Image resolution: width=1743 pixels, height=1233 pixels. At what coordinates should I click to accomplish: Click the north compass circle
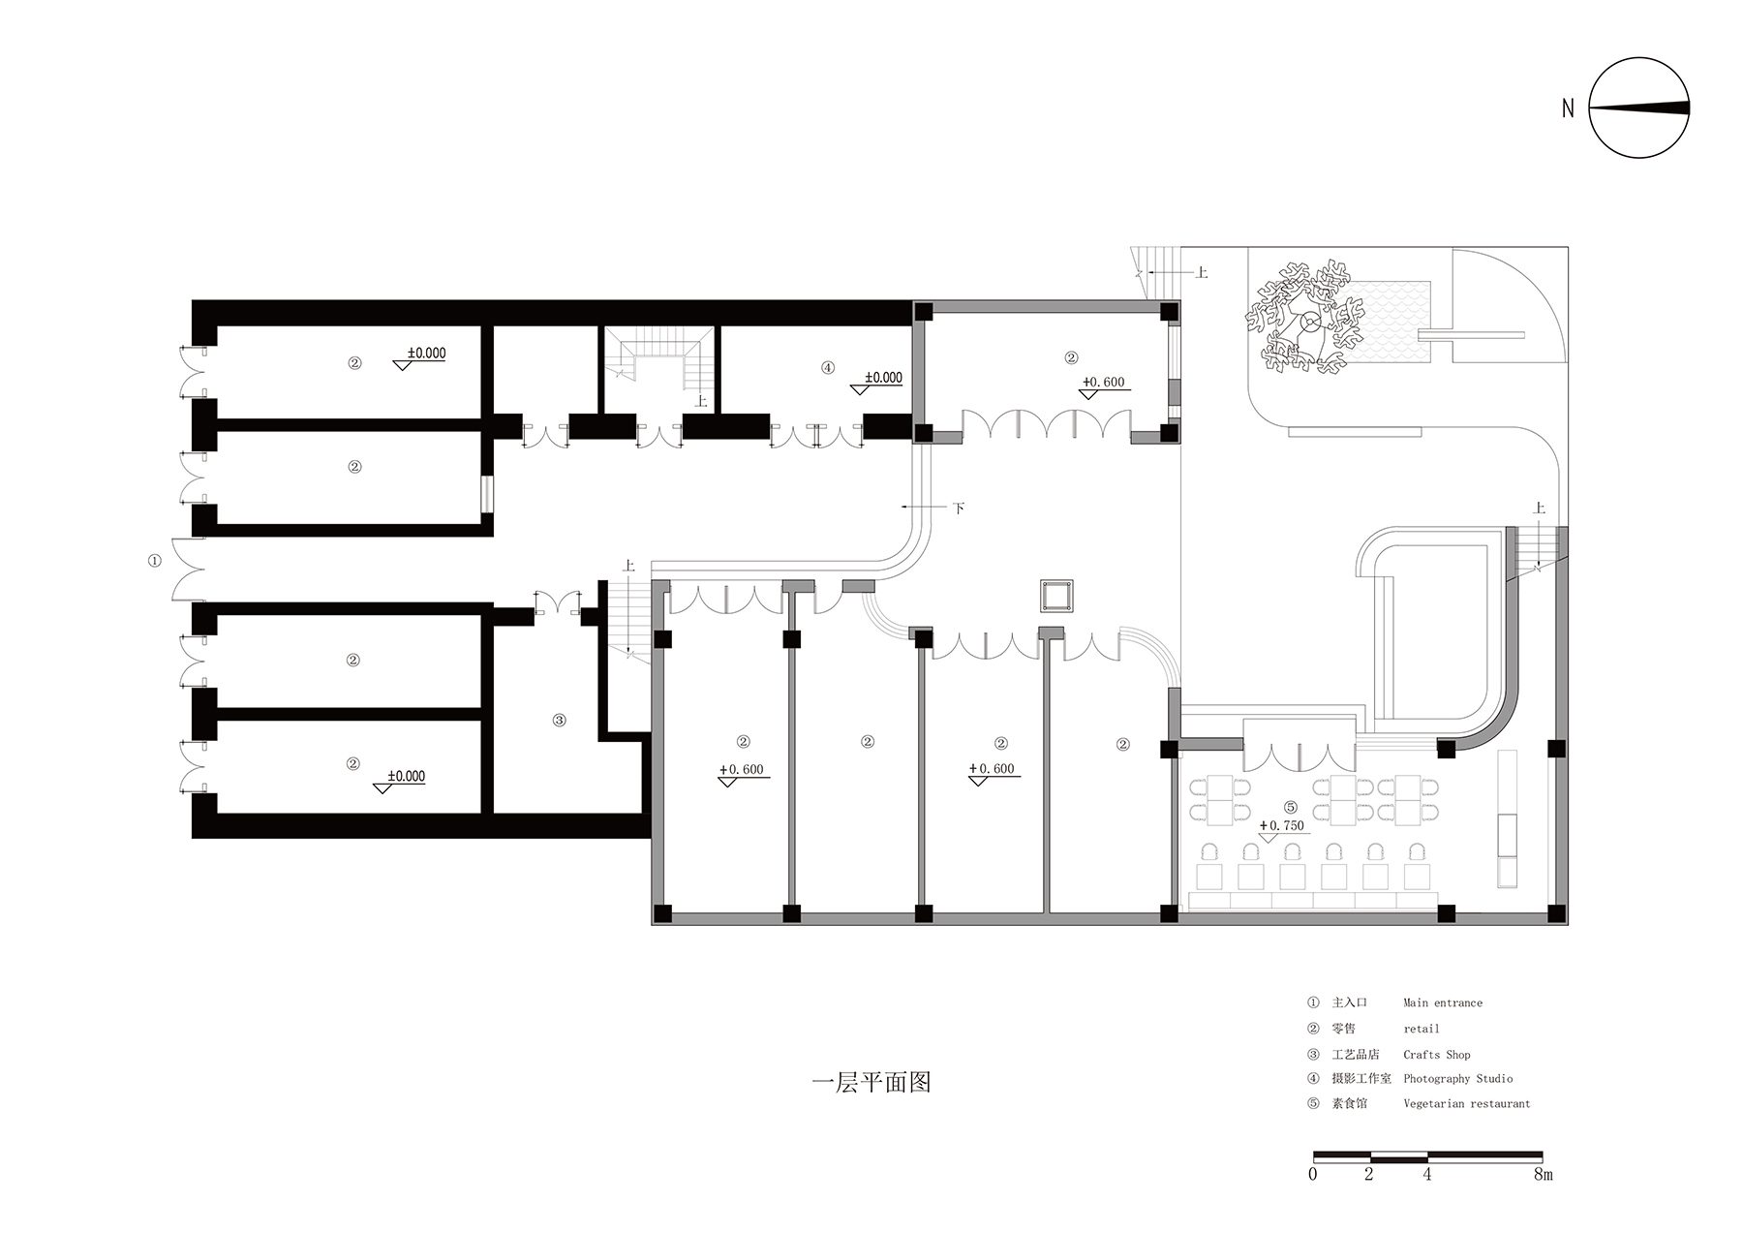(x=1640, y=108)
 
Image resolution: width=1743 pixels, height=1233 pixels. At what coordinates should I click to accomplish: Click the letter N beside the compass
(x=1568, y=108)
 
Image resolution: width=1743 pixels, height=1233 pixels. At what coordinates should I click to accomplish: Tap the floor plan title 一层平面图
(x=870, y=1082)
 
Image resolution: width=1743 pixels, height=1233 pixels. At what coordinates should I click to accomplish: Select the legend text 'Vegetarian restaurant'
(x=1466, y=1103)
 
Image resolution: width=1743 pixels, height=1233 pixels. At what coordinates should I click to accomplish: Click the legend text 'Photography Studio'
(x=1457, y=1078)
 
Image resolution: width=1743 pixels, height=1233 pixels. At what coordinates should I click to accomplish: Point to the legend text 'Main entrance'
(x=1442, y=1002)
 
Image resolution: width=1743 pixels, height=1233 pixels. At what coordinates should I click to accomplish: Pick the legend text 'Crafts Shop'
(x=1436, y=1054)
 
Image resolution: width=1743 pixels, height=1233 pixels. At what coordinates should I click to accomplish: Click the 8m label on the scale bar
(x=1543, y=1174)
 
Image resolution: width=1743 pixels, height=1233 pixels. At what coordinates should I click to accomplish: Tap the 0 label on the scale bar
(x=1312, y=1174)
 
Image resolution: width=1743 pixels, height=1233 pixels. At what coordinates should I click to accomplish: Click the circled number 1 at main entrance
(x=155, y=561)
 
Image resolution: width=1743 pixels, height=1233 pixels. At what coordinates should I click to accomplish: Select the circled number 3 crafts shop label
(x=559, y=720)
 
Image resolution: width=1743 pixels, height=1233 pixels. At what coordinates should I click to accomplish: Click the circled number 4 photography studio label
(x=827, y=367)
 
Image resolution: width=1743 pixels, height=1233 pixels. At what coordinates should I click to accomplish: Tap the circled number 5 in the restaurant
(x=1290, y=807)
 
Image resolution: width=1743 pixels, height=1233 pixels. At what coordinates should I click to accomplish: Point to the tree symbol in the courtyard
(x=1307, y=320)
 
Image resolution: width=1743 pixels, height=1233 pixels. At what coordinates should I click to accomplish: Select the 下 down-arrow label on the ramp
(x=958, y=508)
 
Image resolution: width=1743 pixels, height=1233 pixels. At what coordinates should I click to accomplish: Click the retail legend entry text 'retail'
(x=1421, y=1029)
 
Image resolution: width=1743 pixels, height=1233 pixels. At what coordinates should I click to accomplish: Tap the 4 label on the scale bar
(x=1426, y=1174)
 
